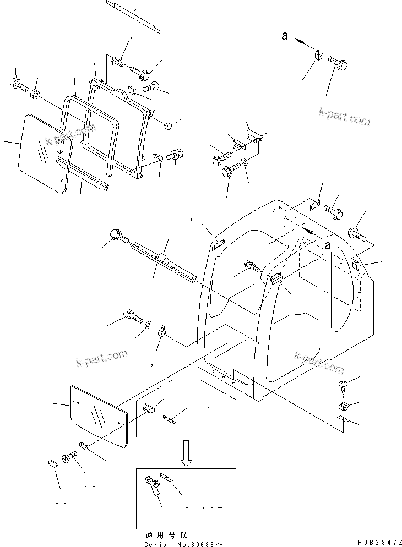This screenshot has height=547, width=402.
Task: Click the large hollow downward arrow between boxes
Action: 186,452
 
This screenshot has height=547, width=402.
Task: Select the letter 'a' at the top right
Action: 285,36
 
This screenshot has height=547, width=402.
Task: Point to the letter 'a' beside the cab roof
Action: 328,245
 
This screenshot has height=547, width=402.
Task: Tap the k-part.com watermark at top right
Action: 344,116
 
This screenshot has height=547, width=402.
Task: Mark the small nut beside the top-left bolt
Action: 35,94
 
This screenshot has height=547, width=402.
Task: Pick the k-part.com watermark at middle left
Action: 101,358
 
